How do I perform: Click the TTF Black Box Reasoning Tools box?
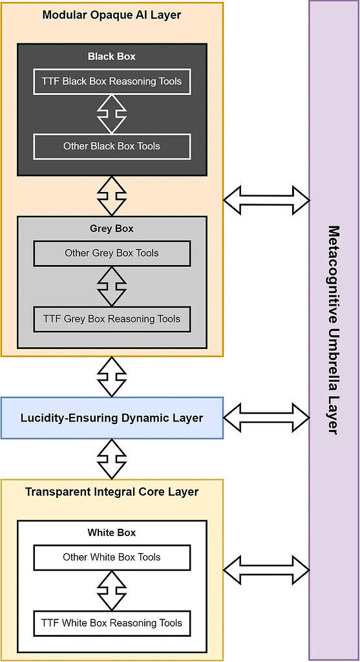tap(112, 81)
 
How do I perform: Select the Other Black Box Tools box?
tap(112, 146)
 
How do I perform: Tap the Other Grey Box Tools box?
tap(112, 253)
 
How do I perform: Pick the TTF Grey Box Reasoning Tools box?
tap(112, 319)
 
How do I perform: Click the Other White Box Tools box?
tap(112, 557)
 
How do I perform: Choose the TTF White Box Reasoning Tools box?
tap(112, 623)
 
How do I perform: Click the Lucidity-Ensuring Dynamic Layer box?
tap(112, 418)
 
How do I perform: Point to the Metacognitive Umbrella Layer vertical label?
tap(334, 330)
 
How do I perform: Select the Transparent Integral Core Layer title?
tap(112, 492)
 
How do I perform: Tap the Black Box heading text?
tap(112, 56)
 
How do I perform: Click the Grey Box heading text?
tap(112, 229)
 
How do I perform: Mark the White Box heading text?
tap(112, 533)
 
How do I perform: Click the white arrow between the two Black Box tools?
tap(112, 114)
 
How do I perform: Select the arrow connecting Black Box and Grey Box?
tap(112, 195)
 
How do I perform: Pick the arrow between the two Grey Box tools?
tap(112, 286)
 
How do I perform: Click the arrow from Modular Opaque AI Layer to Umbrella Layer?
tap(266, 200)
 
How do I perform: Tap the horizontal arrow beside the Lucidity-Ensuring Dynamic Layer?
tap(266, 417)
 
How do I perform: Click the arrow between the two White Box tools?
tap(112, 590)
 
